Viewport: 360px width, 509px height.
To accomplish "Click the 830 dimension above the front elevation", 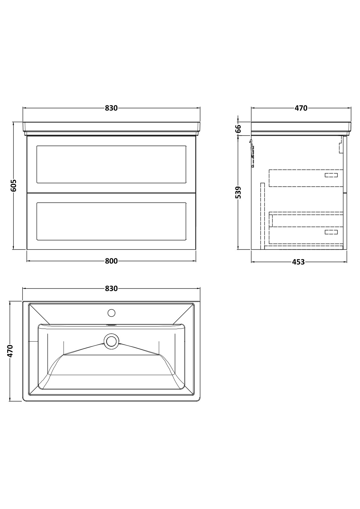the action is (111, 108).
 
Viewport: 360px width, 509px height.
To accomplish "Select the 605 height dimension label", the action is (13, 185).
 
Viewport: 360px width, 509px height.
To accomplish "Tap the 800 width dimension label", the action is (111, 261).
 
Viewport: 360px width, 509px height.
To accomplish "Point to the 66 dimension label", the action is (238, 129).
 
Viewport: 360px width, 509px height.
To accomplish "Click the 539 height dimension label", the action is (238, 193).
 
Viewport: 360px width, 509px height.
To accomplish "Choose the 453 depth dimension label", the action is (298, 262).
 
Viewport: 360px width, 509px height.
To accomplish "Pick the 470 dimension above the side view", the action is (301, 108).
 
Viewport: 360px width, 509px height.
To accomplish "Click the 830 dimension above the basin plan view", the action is (111, 289).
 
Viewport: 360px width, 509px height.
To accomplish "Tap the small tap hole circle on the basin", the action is (111, 313).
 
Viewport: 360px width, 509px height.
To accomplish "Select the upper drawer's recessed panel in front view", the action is (111, 164).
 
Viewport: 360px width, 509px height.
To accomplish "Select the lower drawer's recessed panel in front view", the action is (111, 221).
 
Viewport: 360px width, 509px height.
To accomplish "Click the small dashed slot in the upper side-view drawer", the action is (331, 175).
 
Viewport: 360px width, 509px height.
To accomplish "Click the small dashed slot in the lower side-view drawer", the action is (331, 232).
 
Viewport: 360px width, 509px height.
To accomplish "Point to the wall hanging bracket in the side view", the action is (252, 153).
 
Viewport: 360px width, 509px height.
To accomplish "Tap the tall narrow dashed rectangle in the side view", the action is (263, 216).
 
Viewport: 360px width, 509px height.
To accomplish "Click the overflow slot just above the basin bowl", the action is (111, 325).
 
